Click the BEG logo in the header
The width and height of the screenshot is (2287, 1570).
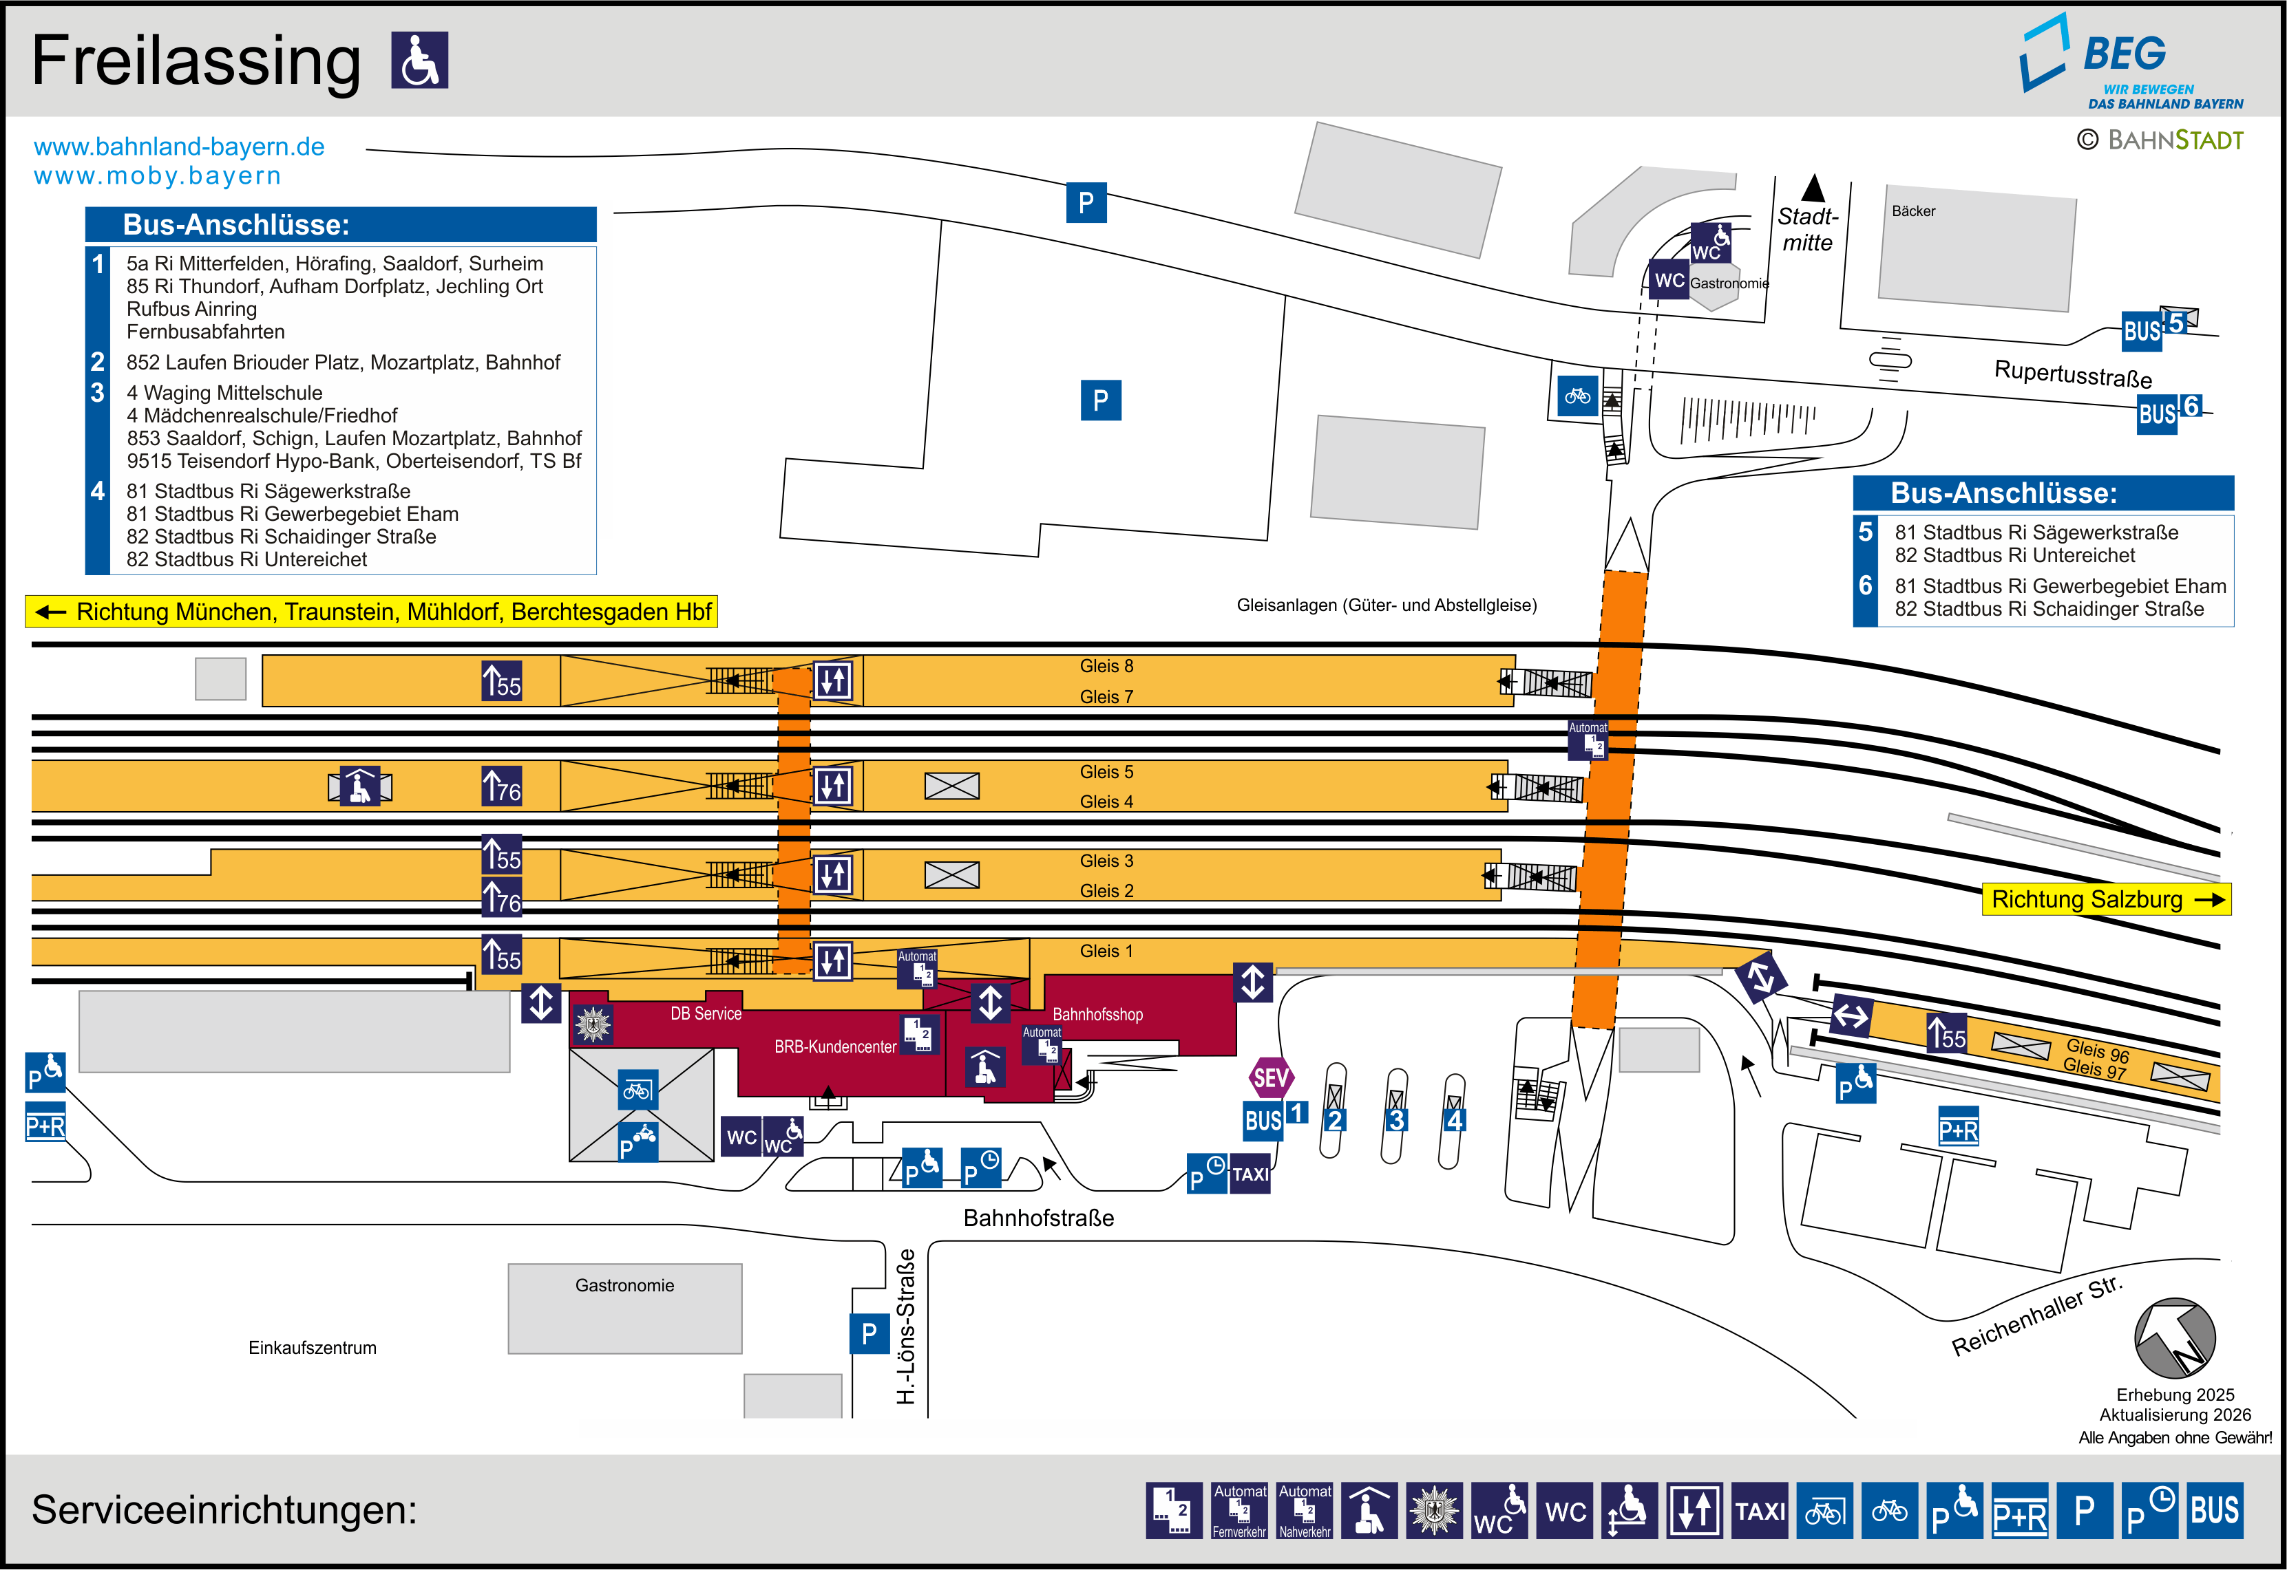(2131, 61)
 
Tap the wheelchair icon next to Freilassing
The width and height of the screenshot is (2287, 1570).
(420, 60)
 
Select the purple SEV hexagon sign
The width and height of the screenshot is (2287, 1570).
(1270, 1078)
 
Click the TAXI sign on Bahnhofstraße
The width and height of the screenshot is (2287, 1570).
(1250, 1174)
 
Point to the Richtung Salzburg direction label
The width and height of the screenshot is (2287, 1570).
(2106, 899)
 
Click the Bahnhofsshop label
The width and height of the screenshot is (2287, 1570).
(1098, 1014)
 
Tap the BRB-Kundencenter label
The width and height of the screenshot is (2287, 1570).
(834, 1046)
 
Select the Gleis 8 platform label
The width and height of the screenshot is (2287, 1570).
(1106, 666)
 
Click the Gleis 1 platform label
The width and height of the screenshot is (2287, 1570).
(1106, 951)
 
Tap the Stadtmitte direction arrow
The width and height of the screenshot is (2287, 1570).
(1813, 188)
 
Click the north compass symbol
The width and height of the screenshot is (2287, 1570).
(2175, 1338)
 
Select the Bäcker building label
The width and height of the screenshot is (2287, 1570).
(1913, 211)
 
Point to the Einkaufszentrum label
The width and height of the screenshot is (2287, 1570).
(312, 1348)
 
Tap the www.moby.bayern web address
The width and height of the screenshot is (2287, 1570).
(158, 176)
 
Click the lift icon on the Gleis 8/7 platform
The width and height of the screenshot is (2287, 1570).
(832, 680)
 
